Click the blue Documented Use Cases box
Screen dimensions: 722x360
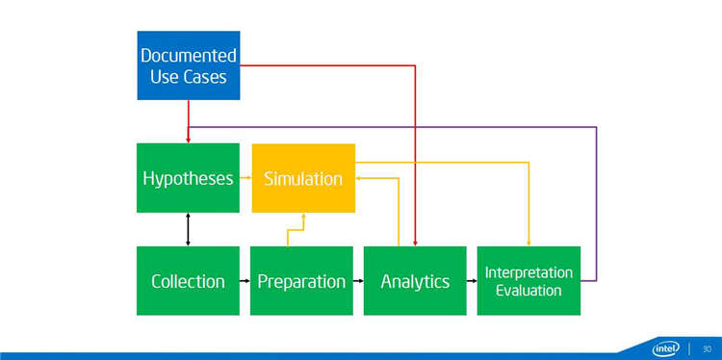coord(189,65)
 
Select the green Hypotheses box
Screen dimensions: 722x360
coord(188,178)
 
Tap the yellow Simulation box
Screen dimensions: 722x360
coord(303,178)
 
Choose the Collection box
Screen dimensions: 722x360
coord(188,281)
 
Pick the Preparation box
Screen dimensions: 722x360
coord(301,281)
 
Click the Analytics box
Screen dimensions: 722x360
coord(415,281)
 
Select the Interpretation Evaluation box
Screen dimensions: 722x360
coord(529,281)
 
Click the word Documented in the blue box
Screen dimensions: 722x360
coord(189,56)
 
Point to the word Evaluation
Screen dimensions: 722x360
coord(529,291)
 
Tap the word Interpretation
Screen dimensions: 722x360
coord(529,272)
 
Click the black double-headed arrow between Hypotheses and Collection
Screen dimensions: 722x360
coord(188,229)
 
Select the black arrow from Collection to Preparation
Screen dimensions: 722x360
coord(245,280)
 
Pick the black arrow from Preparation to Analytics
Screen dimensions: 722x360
coord(358,280)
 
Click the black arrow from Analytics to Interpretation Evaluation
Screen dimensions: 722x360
coord(472,280)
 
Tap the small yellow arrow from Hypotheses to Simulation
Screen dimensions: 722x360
coord(245,177)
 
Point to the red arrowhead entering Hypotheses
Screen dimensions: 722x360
coord(188,141)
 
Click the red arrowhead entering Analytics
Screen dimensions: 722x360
coord(415,244)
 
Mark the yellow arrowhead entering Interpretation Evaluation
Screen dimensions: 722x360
coord(529,244)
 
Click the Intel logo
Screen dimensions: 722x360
coord(666,348)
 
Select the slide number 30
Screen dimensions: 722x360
coord(707,348)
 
